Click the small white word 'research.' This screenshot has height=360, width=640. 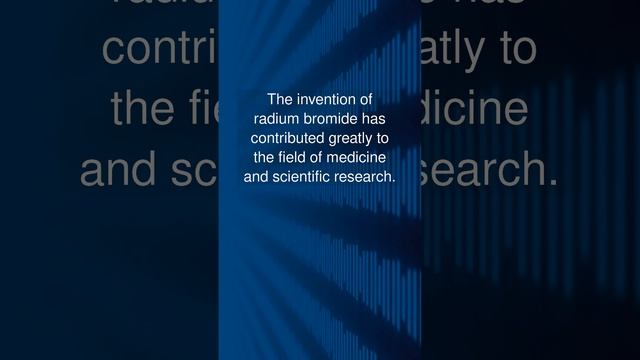pyautogui.click(x=368, y=176)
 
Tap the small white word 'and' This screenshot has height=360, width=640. pyautogui.click(x=256, y=176)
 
